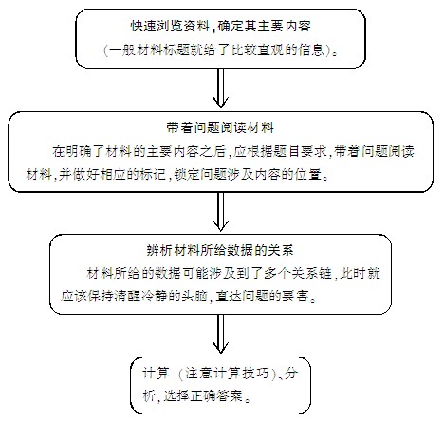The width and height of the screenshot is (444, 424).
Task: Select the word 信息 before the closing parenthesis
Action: (x=311, y=49)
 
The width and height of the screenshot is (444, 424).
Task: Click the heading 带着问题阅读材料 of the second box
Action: (x=220, y=127)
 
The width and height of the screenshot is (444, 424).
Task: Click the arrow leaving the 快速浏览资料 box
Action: (x=220, y=88)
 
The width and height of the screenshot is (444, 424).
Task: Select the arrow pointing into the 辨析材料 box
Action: (x=220, y=211)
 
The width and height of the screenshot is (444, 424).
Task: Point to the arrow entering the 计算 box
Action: (x=220, y=334)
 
